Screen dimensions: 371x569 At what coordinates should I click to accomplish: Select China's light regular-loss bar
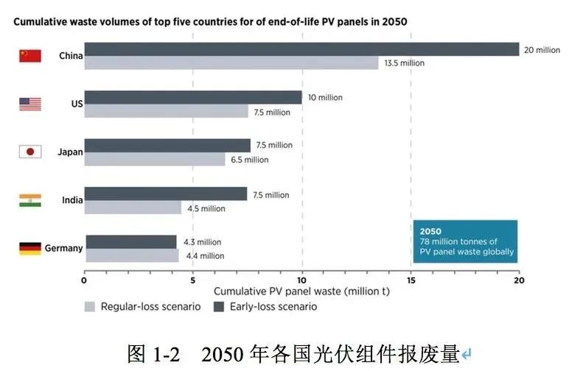click(231, 63)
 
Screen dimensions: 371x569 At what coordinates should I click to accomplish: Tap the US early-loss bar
click(193, 97)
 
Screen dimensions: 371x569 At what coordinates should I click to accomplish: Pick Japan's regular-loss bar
click(155, 159)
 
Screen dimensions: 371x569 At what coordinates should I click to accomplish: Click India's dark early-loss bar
click(166, 194)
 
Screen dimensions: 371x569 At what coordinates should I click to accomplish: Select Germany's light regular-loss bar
click(132, 255)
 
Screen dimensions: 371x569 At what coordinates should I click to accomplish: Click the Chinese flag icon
click(29, 56)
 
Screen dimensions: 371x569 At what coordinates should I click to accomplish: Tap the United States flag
click(29, 104)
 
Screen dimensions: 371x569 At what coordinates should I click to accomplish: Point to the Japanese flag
click(29, 152)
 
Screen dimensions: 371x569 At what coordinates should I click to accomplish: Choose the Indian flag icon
click(29, 199)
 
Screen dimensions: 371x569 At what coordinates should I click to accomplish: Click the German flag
click(29, 248)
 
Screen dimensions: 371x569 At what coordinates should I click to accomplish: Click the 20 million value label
click(542, 49)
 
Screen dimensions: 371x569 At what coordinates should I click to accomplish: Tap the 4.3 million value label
click(202, 241)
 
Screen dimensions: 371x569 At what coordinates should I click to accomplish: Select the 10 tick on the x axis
click(301, 280)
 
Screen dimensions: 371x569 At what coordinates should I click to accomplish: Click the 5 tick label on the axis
click(192, 280)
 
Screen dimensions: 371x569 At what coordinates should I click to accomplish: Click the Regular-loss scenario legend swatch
click(90, 306)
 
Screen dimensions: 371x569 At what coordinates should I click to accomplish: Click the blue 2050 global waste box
click(464, 241)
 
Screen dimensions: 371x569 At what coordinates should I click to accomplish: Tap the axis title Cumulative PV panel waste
click(301, 291)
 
